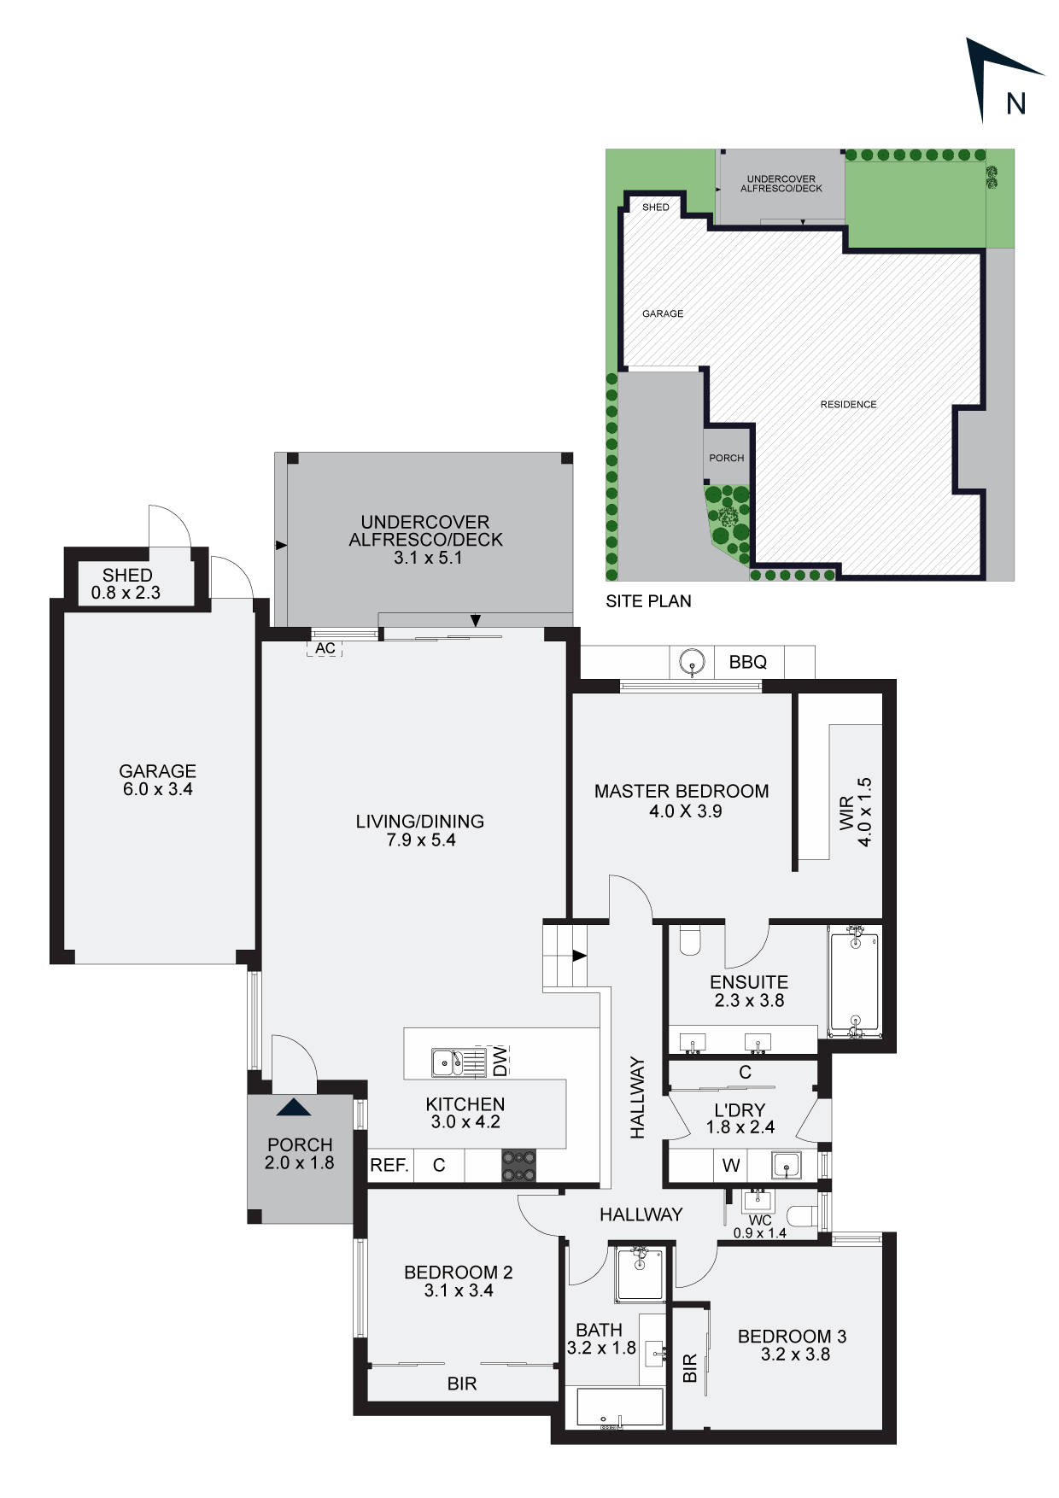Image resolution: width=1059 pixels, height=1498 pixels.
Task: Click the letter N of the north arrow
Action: (x=1015, y=103)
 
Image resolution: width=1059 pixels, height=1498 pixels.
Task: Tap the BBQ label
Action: (x=747, y=662)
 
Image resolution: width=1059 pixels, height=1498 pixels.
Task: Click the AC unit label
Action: (x=325, y=648)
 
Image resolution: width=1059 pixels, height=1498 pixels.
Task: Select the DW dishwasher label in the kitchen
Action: (x=500, y=1060)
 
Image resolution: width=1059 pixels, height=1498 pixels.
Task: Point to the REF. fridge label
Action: (x=389, y=1165)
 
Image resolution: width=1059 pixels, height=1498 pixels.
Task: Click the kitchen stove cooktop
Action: (x=519, y=1166)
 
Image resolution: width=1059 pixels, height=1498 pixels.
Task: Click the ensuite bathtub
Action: (x=855, y=982)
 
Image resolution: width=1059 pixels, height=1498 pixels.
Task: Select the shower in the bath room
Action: (x=640, y=1274)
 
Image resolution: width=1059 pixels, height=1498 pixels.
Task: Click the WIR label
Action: (x=846, y=812)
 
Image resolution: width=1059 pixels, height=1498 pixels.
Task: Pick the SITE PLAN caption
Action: (x=648, y=601)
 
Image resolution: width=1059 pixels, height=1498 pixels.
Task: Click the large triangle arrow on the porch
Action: (x=295, y=1108)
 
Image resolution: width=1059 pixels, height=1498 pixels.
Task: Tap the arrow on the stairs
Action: (x=579, y=955)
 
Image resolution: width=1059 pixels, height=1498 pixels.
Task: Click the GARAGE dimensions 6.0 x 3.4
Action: (x=158, y=789)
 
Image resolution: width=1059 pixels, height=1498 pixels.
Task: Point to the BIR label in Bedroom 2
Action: (x=462, y=1383)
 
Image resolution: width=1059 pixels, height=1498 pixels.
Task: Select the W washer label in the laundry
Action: (x=731, y=1165)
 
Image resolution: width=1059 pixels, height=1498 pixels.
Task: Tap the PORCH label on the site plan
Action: (x=727, y=458)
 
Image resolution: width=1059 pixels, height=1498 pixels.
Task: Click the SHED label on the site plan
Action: (x=656, y=208)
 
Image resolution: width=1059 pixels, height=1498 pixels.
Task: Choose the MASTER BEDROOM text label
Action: (x=682, y=792)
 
